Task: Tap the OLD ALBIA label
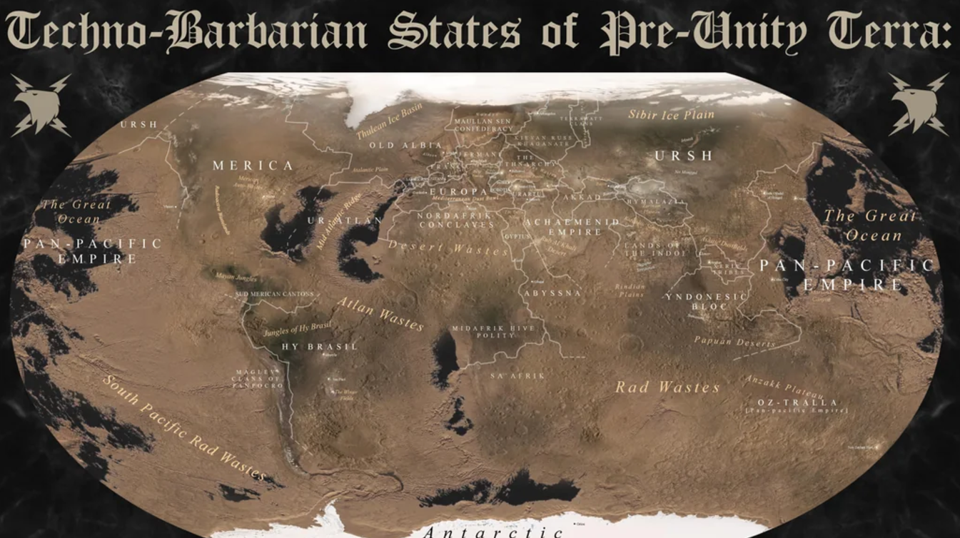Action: [x=396, y=146]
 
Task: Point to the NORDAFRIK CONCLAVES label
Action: [x=456, y=220]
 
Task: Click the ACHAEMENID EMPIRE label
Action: [x=575, y=227]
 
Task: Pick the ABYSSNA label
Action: [x=552, y=293]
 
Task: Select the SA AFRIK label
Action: [x=517, y=375]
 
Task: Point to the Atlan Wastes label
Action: [x=380, y=314]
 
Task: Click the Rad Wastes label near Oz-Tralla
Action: [x=667, y=387]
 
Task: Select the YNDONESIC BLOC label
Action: [x=707, y=301]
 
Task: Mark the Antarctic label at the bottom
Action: [x=492, y=532]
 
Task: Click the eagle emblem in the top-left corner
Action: [x=41, y=105]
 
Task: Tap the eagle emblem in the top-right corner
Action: [x=919, y=105]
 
